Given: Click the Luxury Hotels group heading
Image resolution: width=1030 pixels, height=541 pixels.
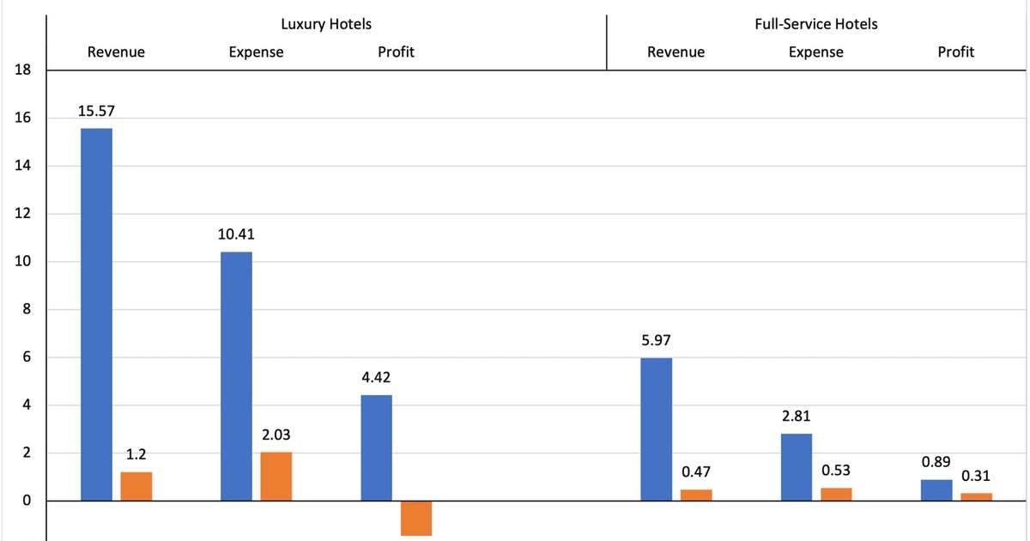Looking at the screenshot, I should (x=326, y=24).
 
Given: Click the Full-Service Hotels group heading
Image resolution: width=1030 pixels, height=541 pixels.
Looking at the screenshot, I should (x=815, y=24).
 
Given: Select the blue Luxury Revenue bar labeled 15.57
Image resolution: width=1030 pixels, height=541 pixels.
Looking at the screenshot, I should (x=96, y=314).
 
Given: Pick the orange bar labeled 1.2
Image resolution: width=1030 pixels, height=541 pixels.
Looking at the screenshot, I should (x=136, y=486).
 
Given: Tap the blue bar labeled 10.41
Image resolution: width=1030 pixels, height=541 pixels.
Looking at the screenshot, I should (x=236, y=376).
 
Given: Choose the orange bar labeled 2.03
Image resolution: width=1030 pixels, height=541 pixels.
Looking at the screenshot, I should (x=276, y=477).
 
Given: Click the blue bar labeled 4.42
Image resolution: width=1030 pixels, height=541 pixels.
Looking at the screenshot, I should (x=376, y=447).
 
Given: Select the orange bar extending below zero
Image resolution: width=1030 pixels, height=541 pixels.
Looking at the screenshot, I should (x=416, y=518).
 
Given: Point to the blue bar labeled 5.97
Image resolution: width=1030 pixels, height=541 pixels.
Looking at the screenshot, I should (x=657, y=429).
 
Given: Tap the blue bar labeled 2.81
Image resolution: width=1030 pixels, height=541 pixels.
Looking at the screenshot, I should (x=797, y=467).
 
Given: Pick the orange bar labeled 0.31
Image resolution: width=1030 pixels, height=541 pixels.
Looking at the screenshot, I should (x=976, y=496).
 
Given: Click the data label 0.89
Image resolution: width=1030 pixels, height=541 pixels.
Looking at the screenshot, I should (x=936, y=462).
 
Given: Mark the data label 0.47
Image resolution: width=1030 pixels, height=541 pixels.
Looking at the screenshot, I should (x=696, y=471).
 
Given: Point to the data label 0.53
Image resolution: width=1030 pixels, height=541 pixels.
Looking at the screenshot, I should (x=836, y=471).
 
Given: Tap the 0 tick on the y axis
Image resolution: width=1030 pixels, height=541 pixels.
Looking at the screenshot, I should (x=27, y=501).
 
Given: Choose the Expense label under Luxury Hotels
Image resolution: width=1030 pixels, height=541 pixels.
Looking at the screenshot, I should (x=256, y=52).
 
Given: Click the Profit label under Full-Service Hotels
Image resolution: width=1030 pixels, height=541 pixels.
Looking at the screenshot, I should (x=955, y=52).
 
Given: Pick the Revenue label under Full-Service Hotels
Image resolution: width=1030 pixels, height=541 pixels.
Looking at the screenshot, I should (x=676, y=52).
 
